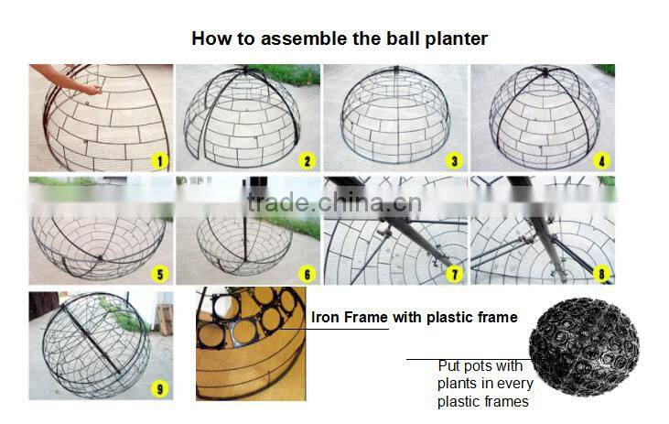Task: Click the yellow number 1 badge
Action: [161, 161]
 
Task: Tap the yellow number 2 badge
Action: [308, 161]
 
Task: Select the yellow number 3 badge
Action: [456, 161]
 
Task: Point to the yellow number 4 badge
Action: [602, 161]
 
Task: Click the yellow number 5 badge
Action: [161, 273]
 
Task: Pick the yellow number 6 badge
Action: [308, 273]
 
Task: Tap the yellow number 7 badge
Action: [456, 273]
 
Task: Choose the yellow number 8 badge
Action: [602, 273]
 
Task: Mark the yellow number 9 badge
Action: [161, 389]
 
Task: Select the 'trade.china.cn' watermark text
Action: [334, 202]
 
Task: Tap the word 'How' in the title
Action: [208, 39]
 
